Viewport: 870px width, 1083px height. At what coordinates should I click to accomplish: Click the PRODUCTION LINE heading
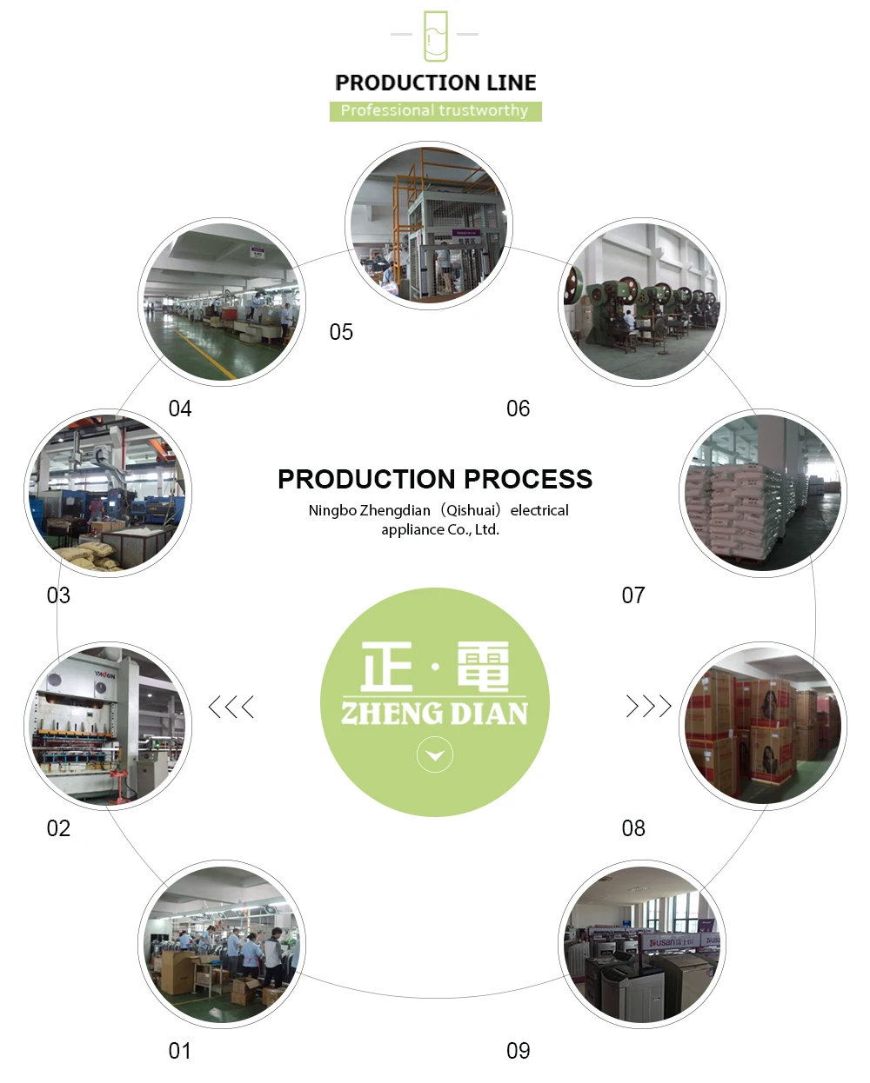tap(435, 83)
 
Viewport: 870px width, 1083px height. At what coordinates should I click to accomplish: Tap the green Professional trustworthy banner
tap(435, 111)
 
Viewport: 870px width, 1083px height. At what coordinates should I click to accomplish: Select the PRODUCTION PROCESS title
tap(435, 479)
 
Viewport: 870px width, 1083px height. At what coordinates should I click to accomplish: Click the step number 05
tap(341, 332)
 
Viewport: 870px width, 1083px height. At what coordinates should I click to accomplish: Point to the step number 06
tap(518, 409)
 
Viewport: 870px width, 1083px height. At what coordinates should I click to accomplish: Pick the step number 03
tap(58, 595)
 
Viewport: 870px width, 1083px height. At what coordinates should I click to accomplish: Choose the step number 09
tap(518, 1051)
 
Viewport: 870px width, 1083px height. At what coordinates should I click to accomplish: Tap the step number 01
tap(179, 1051)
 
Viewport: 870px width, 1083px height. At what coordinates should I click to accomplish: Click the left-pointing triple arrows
tap(231, 707)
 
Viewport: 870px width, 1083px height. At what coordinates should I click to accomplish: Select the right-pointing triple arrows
tap(649, 706)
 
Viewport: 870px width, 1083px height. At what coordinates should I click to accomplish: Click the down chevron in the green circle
tap(435, 755)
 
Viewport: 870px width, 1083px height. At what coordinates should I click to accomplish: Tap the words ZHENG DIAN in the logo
tap(435, 714)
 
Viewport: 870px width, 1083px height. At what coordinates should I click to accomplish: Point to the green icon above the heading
tap(435, 36)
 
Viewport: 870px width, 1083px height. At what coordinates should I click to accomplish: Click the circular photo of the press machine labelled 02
tap(108, 727)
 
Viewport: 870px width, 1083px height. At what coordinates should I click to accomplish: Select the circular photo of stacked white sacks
tap(762, 494)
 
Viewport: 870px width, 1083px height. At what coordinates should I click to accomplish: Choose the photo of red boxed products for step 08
tap(762, 727)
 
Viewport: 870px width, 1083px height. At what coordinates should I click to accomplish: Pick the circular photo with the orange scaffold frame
tap(429, 226)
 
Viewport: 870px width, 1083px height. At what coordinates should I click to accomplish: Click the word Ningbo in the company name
tap(332, 510)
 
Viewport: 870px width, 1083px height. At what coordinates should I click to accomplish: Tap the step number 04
tap(179, 409)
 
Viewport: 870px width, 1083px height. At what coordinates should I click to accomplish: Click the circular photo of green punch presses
tap(642, 302)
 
